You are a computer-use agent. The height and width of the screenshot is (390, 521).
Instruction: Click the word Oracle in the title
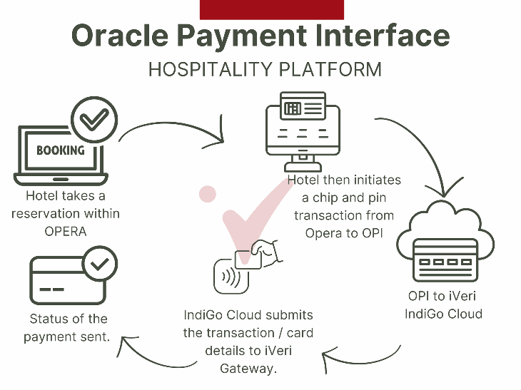[x=120, y=35]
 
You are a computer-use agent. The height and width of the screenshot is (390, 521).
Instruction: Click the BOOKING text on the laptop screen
[x=61, y=150]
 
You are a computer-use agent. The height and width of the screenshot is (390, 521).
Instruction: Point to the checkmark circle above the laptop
[x=94, y=120]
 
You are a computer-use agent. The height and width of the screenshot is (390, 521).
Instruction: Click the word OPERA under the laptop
[x=66, y=231]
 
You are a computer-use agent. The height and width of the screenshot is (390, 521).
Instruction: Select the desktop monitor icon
[x=303, y=131]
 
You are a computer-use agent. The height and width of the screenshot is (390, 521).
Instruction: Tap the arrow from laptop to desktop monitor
[x=173, y=124]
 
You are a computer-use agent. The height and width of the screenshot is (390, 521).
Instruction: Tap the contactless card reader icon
[x=231, y=277]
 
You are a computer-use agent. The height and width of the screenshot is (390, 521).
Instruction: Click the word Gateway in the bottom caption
[x=248, y=369]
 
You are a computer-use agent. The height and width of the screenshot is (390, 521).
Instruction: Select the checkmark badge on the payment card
[x=100, y=265]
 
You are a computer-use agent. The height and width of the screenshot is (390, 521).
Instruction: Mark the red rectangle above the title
[x=272, y=10]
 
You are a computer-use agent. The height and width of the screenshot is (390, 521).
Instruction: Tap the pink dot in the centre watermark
[x=208, y=193]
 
